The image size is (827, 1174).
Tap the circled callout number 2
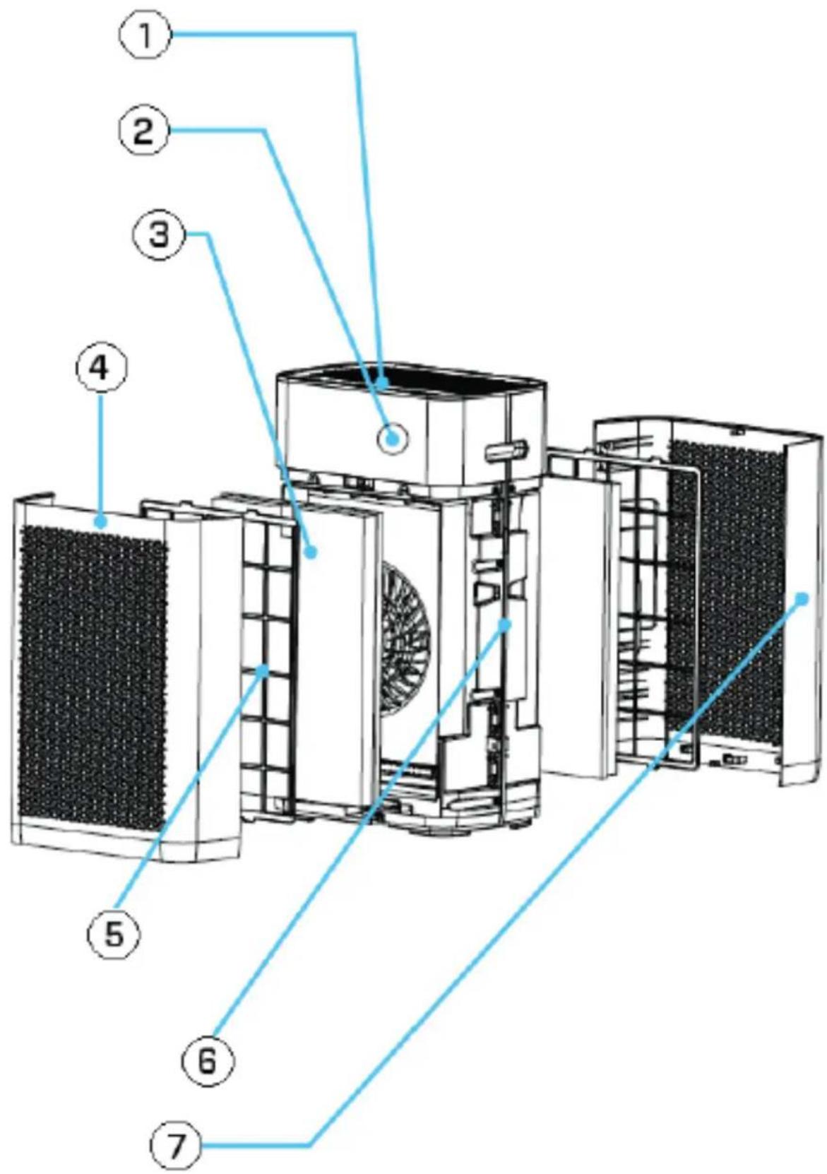[x=144, y=132]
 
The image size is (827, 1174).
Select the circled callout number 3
[x=160, y=234]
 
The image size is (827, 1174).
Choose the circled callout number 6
[x=206, y=1060]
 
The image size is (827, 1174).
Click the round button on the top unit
[x=392, y=439]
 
